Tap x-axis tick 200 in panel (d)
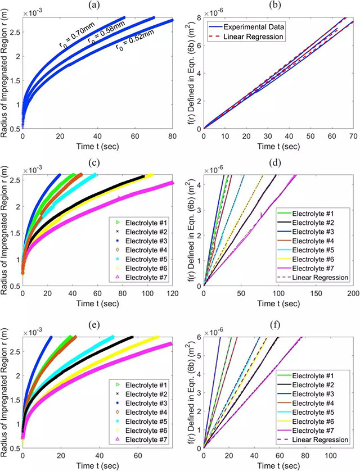click(352, 293)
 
